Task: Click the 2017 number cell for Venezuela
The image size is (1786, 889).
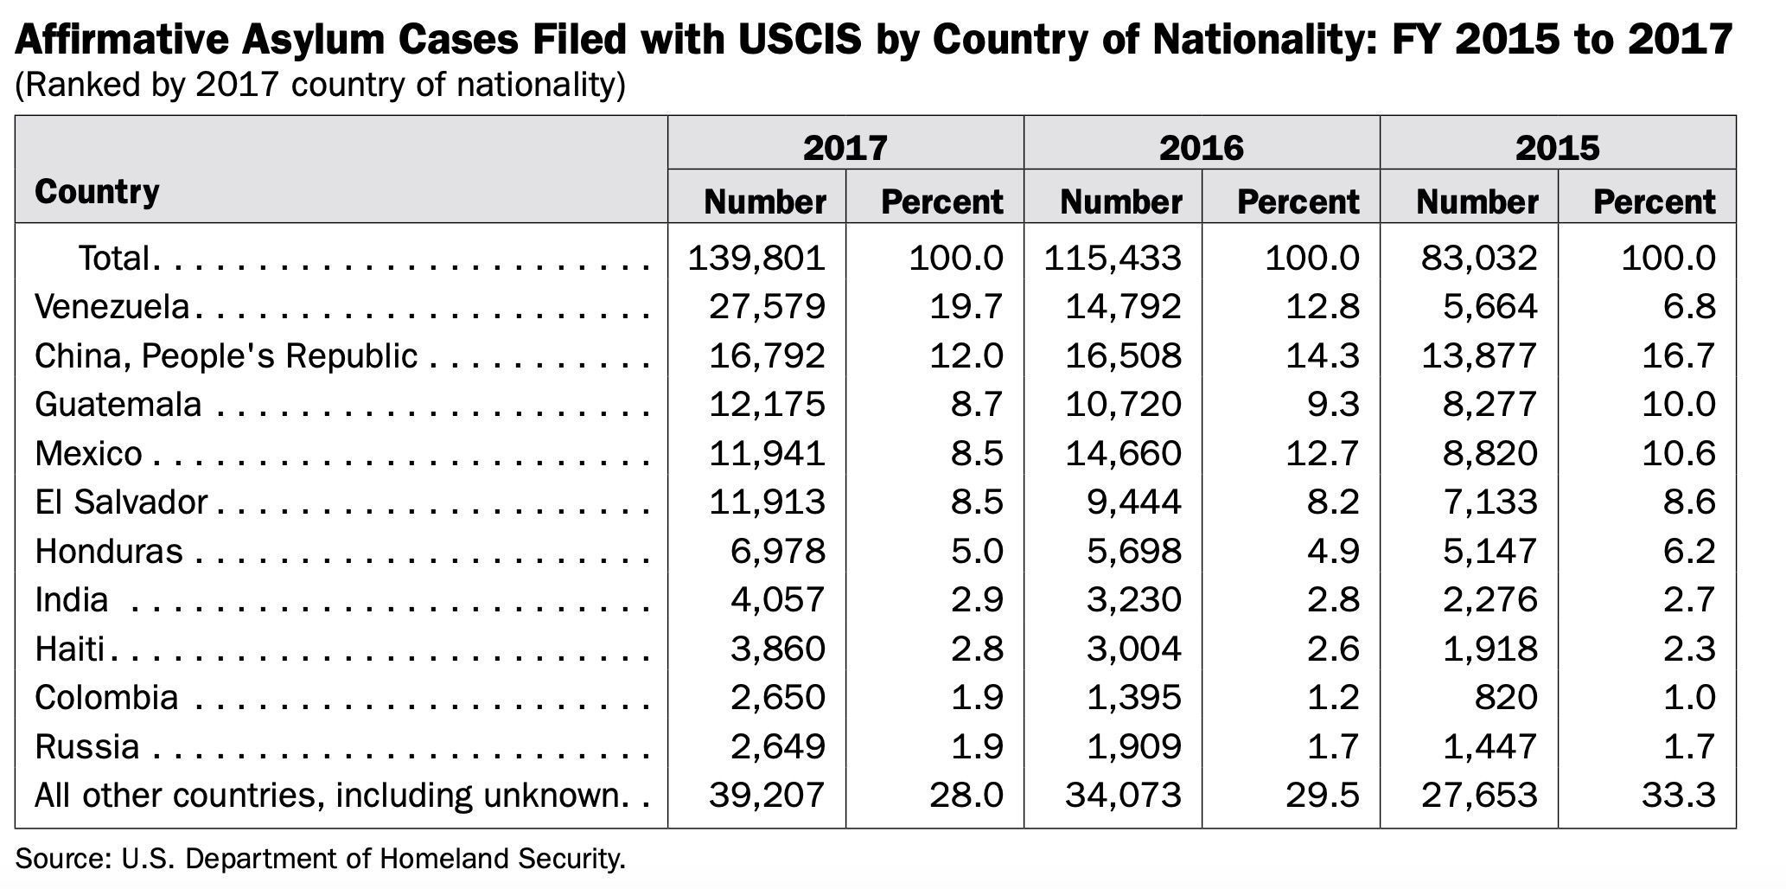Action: point(767,307)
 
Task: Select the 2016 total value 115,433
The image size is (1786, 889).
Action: point(1112,258)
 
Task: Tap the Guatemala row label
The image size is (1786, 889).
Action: point(118,404)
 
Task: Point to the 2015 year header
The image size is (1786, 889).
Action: point(1557,147)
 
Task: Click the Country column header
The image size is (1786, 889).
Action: point(97,191)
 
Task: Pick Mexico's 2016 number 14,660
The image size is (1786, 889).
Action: point(1123,453)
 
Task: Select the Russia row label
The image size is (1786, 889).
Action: point(86,746)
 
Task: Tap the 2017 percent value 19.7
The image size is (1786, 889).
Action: point(966,307)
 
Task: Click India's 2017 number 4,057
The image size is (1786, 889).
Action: point(777,599)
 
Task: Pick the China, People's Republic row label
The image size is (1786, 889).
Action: point(226,355)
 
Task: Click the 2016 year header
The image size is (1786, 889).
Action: point(1201,147)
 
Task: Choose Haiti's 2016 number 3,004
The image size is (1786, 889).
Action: point(1133,649)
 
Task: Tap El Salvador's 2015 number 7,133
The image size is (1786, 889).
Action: point(1490,502)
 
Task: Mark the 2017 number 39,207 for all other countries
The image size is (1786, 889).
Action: point(767,795)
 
